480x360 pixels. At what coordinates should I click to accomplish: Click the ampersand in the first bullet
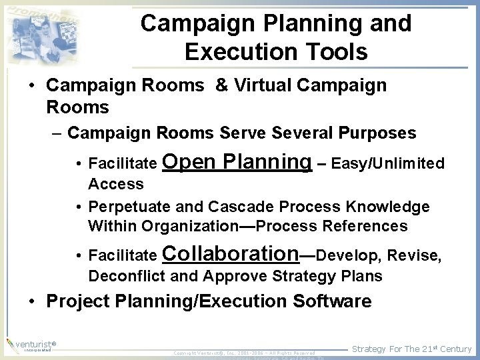coord(222,85)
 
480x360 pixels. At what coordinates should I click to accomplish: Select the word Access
coord(116,184)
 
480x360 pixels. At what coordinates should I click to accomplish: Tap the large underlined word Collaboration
coord(231,253)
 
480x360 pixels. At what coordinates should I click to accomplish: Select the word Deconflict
coord(128,276)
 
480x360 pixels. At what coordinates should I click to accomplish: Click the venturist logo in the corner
coord(30,345)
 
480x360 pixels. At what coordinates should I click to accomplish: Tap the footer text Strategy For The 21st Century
coord(411,349)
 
